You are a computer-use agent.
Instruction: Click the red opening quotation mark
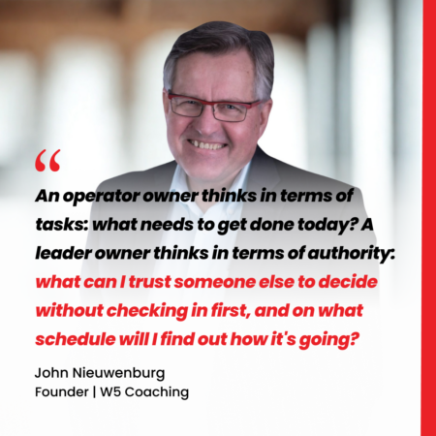click(47, 160)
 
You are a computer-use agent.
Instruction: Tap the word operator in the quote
click(102, 196)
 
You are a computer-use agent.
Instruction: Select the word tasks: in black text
click(62, 225)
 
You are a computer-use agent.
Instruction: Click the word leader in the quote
click(63, 253)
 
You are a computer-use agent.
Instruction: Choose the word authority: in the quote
click(352, 254)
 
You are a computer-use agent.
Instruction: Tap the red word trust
click(150, 282)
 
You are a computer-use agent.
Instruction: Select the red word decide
click(348, 282)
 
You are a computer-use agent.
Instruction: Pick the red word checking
click(147, 311)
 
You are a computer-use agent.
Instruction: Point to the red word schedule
click(76, 339)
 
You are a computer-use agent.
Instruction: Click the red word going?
click(328, 340)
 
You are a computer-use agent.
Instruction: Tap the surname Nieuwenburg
click(118, 373)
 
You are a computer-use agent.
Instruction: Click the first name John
click(51, 373)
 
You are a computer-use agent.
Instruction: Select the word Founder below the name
click(62, 392)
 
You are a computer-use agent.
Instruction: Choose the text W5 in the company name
click(110, 392)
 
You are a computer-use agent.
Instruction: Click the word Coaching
click(157, 392)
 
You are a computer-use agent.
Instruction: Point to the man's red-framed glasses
click(213, 107)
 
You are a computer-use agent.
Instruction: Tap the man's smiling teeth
click(207, 144)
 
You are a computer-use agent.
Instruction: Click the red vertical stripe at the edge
click(429, 218)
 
